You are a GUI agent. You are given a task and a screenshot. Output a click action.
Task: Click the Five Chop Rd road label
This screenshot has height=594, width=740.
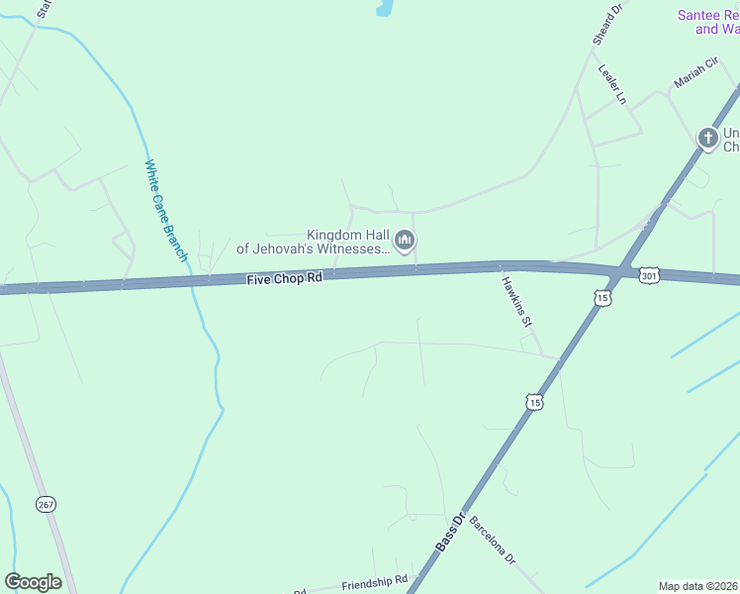click(285, 279)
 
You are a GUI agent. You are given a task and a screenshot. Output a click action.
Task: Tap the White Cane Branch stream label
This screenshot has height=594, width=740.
click(165, 211)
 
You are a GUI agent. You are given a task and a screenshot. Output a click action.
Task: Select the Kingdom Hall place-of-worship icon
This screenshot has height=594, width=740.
click(405, 241)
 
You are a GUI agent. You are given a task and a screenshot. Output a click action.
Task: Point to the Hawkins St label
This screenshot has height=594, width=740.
click(516, 302)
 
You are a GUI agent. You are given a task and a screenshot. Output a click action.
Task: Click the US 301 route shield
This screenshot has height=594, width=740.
click(648, 275)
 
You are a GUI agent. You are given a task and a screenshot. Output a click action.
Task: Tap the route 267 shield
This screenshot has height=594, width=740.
click(46, 504)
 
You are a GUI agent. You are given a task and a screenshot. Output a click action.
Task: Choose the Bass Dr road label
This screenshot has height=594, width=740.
click(450, 533)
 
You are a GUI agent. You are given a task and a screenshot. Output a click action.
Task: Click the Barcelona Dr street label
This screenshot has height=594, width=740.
click(493, 541)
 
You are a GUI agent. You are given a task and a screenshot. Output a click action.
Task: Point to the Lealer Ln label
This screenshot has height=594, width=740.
click(612, 84)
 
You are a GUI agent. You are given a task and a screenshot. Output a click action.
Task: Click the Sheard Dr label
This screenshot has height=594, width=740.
click(605, 23)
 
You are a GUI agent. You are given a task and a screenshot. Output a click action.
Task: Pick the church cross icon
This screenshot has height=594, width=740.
click(707, 138)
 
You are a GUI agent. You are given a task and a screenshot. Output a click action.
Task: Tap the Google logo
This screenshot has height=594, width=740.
click(33, 582)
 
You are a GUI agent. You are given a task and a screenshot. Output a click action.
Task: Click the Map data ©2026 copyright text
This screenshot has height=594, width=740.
click(697, 586)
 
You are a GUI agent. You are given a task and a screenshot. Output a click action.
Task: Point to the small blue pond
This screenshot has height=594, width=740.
click(384, 8)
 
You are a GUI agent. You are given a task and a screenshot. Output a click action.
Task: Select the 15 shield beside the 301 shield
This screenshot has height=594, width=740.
click(602, 297)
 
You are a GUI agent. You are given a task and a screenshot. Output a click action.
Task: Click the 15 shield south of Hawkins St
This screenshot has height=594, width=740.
click(534, 401)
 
